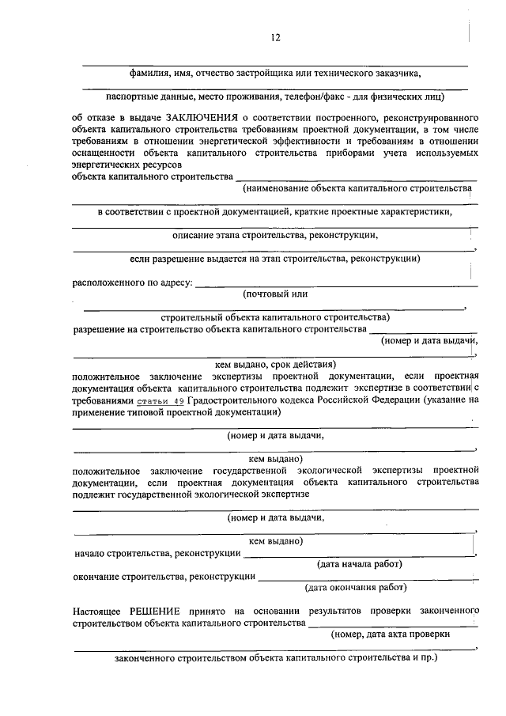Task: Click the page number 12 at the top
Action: click(275, 37)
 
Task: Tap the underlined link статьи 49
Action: click(161, 401)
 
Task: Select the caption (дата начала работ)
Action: click(359, 564)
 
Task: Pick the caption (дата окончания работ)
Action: click(356, 588)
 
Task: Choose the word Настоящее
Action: click(95, 612)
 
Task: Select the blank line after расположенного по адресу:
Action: click(336, 284)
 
